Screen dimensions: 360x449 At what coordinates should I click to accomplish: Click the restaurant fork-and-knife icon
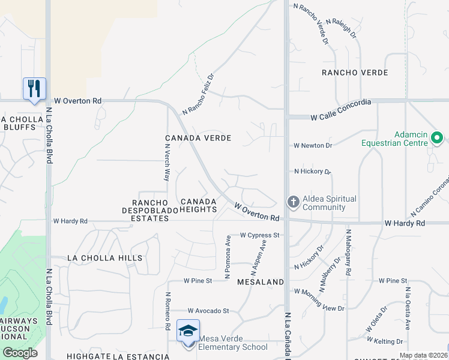click(x=34, y=88)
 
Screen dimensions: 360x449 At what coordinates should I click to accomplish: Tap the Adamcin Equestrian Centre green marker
click(x=438, y=139)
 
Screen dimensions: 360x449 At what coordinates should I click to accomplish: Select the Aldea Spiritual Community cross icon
click(x=294, y=202)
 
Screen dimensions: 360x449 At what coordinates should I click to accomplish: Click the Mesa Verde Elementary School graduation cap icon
click(x=188, y=331)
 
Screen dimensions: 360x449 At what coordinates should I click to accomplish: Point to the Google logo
click(x=19, y=353)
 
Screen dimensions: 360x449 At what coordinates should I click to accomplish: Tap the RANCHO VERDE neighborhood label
click(x=355, y=73)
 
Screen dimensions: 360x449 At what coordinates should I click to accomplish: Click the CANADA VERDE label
click(x=198, y=138)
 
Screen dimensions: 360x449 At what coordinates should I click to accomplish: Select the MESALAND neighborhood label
click(x=260, y=281)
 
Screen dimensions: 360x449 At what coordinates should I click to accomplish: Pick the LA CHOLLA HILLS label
click(x=105, y=258)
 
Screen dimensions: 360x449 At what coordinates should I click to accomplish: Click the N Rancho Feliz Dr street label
click(x=199, y=94)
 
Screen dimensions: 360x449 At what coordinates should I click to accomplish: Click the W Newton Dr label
click(x=313, y=146)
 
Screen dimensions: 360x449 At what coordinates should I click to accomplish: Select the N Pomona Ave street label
click(x=228, y=257)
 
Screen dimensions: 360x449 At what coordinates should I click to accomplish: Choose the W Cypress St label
click(x=260, y=235)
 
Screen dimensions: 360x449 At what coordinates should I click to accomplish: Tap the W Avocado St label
click(x=208, y=311)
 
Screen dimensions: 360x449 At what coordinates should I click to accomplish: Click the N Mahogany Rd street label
click(x=348, y=252)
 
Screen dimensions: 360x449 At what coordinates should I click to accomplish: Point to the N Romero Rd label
click(x=167, y=311)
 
